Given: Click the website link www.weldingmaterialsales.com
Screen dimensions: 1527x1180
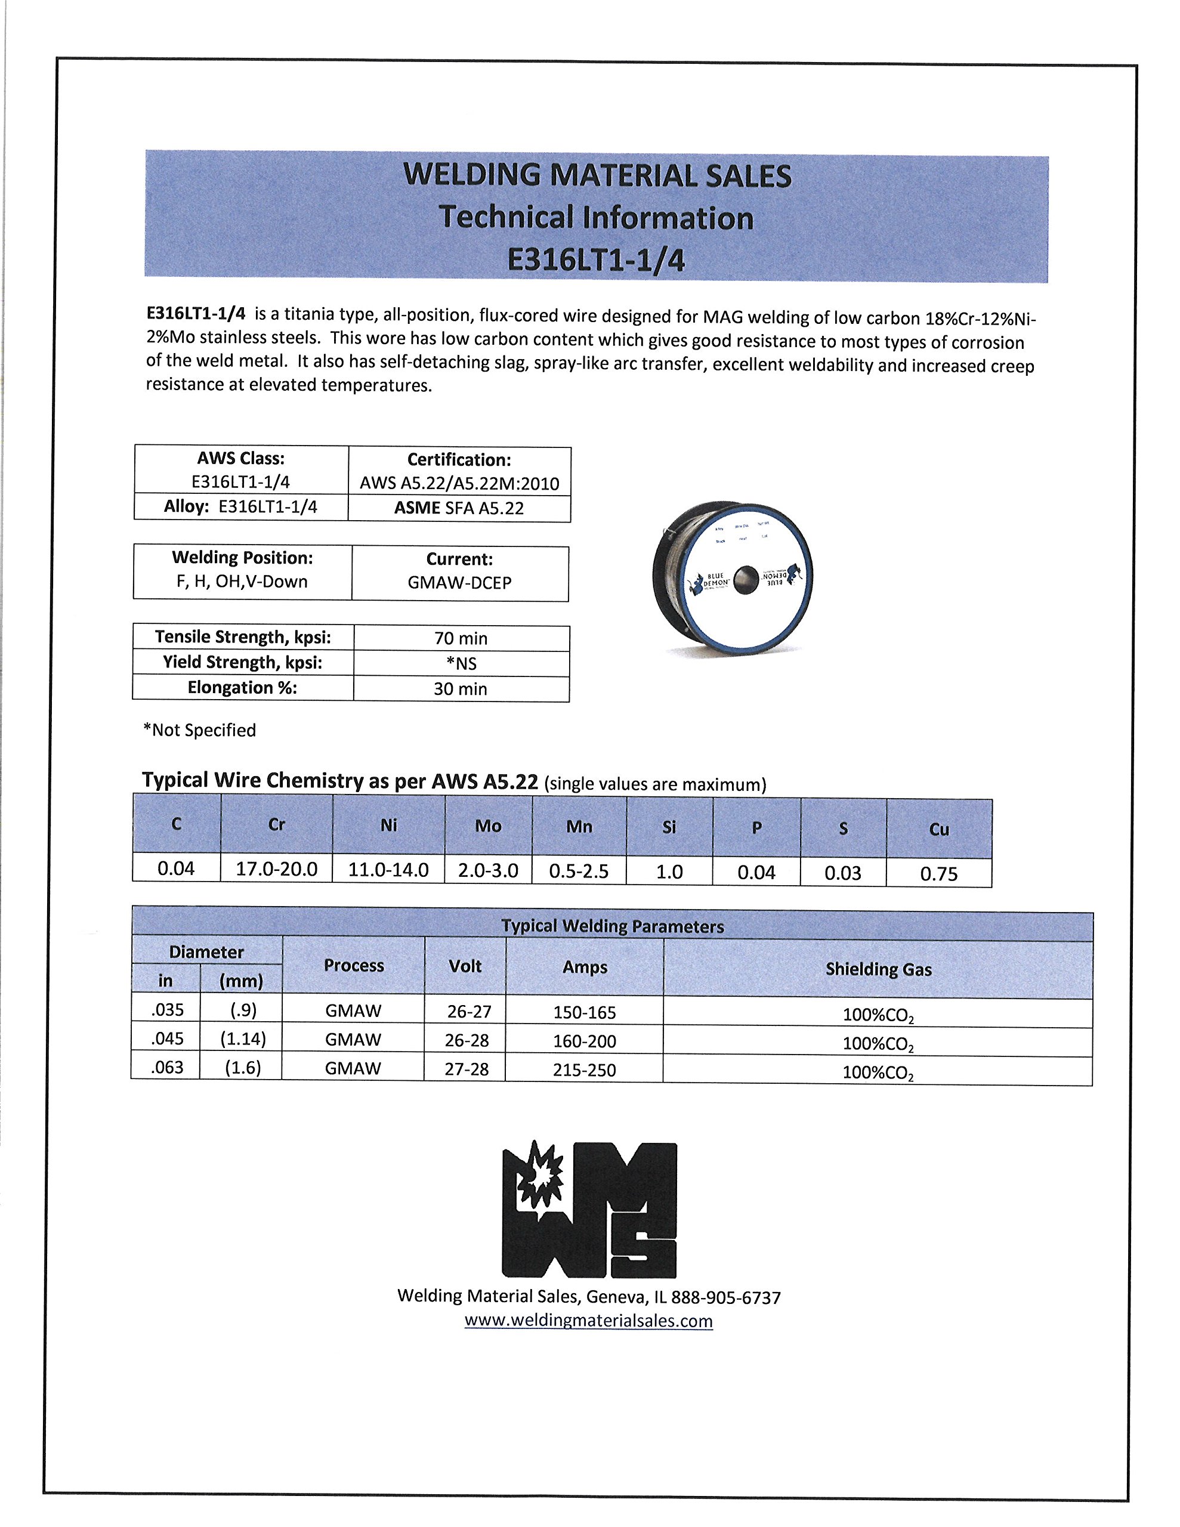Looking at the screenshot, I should coord(588,1321).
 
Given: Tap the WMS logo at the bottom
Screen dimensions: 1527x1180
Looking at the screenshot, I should coord(589,1210).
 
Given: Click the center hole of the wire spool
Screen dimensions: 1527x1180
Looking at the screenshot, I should coord(746,580).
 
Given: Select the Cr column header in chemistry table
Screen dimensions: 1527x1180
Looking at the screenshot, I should coord(276,825).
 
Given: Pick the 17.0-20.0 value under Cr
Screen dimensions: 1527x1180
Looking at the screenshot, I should coord(276,869).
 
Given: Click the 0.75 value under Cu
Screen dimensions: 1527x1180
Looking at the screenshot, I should coord(938,873).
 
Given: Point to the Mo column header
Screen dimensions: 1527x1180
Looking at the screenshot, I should coord(488,826).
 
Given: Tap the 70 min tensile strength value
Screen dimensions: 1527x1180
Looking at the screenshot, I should coord(461,638).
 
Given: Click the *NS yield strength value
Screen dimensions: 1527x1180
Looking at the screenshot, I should coord(461,663).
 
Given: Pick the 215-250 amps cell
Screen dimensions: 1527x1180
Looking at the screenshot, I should coord(584,1069).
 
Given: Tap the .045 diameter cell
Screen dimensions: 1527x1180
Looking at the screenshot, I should coord(166,1039).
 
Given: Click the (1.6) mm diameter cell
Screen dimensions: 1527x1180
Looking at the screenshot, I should coord(243,1068).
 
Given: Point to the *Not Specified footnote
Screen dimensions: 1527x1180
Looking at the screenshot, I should coord(199,730).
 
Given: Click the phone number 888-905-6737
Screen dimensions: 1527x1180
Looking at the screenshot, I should coord(726,1298).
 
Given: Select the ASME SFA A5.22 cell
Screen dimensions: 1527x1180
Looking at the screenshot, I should coord(459,508).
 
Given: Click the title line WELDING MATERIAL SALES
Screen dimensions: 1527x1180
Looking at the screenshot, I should coord(597,175).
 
